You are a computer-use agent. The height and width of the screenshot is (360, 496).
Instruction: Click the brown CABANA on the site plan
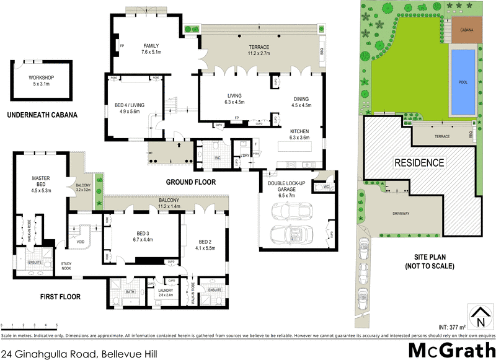pos(467,30)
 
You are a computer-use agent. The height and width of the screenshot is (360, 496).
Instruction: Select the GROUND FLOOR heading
pos(190,182)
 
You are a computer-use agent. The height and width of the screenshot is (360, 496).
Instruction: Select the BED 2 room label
pos(206,244)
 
